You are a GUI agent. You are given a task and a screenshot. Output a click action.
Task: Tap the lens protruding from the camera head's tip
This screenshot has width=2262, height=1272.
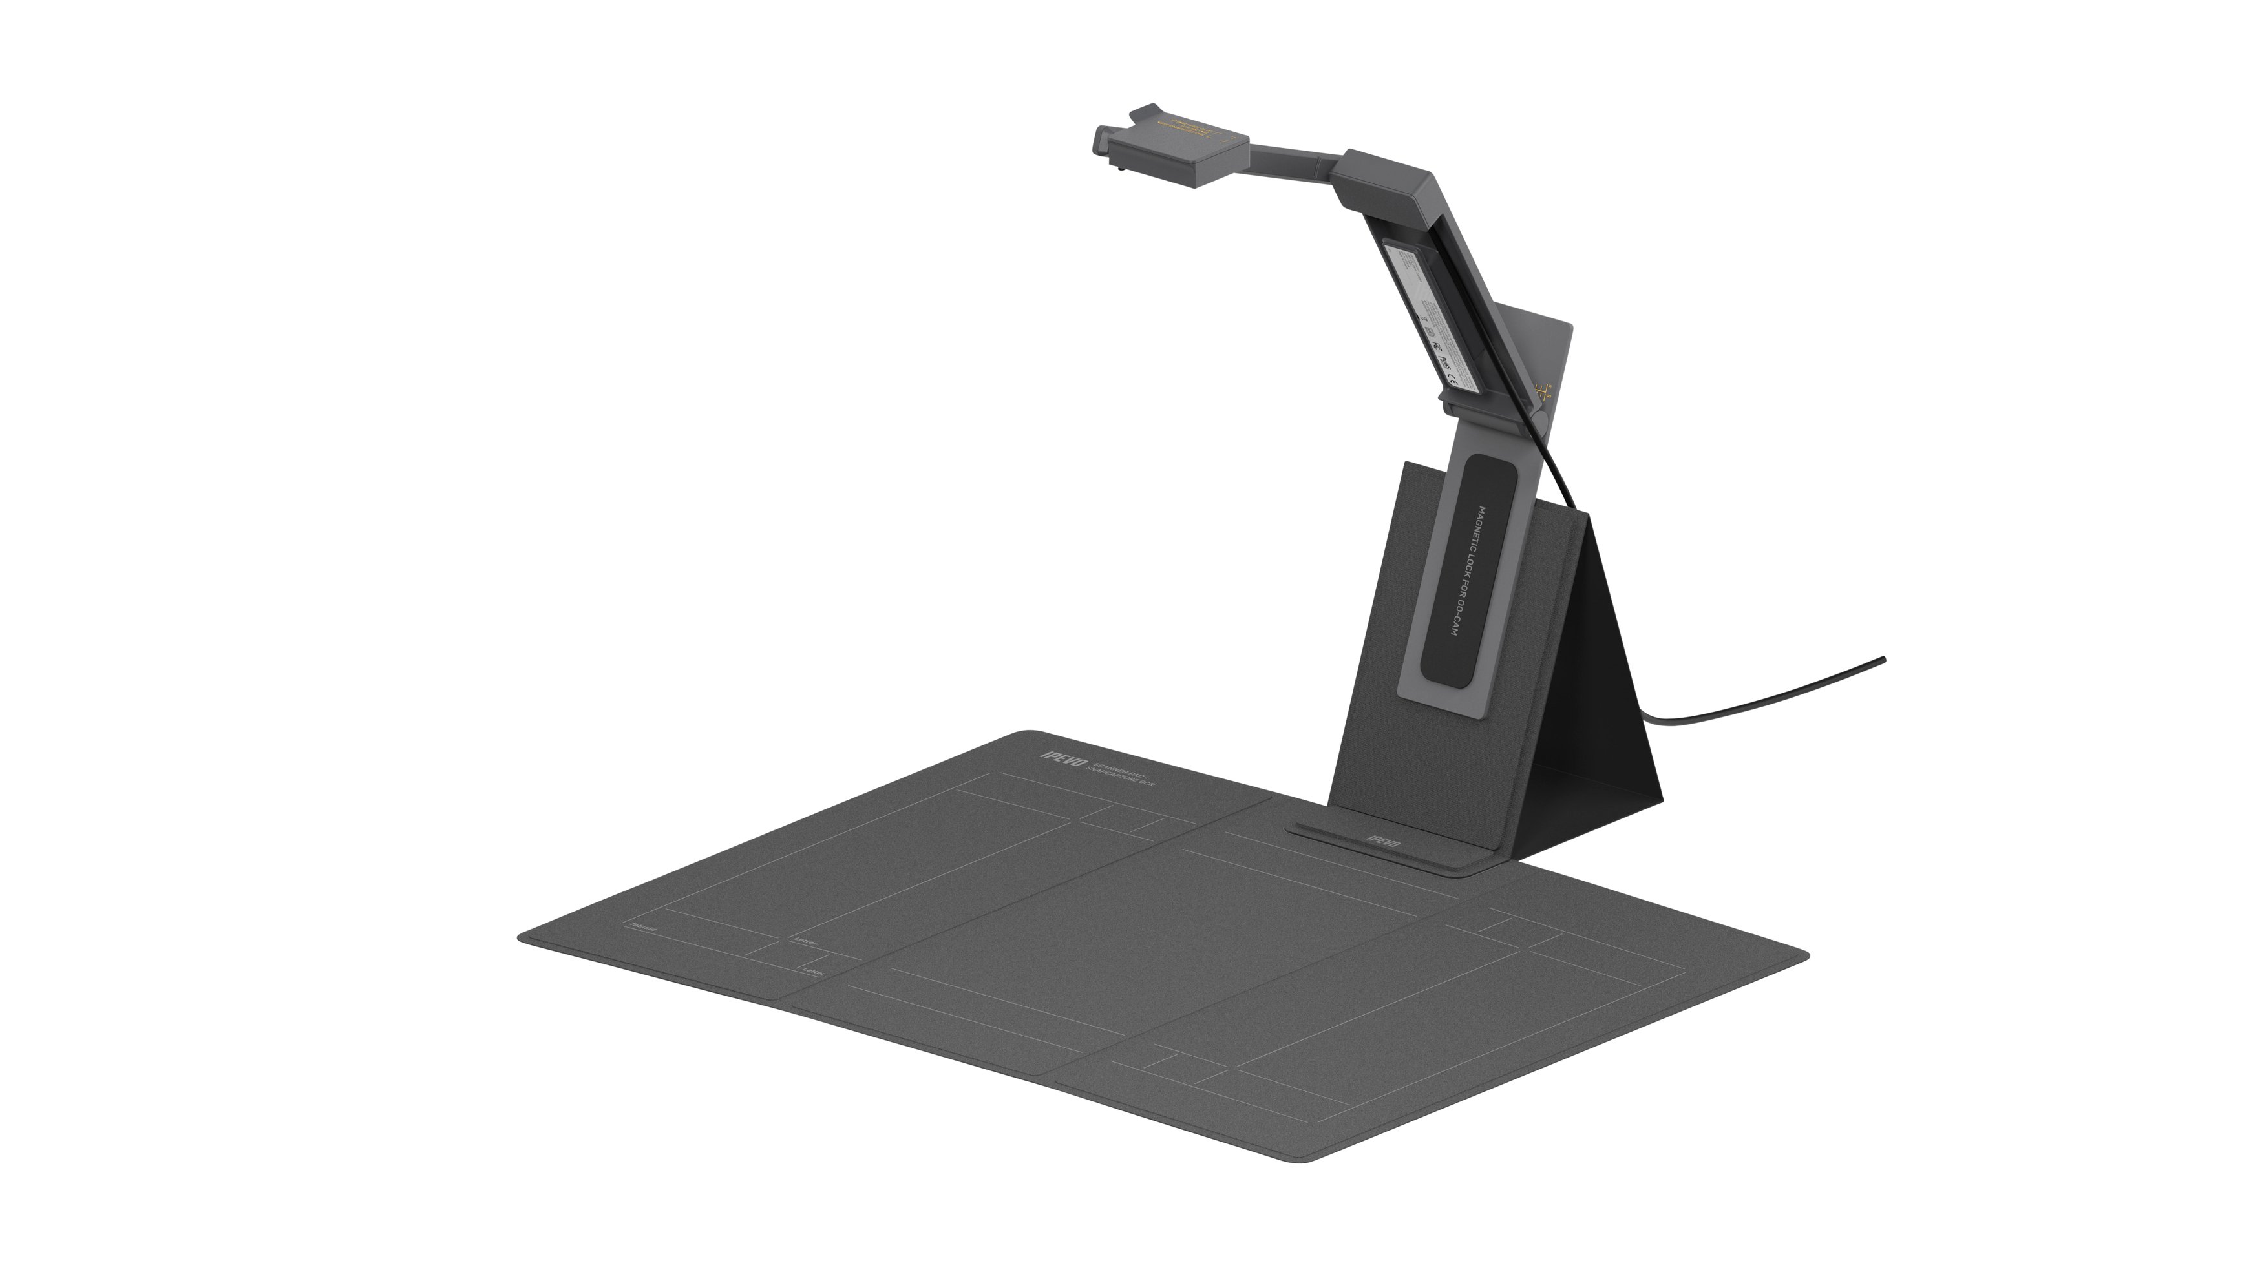pyautogui.click(x=1101, y=139)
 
